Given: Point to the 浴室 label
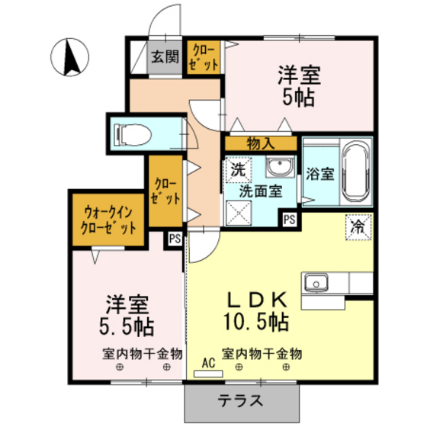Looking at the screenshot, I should (319, 173).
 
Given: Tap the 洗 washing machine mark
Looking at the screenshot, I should (237, 169).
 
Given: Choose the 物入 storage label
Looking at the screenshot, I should (260, 143).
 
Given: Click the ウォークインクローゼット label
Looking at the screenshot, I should (108, 220).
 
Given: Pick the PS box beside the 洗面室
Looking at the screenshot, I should (289, 220).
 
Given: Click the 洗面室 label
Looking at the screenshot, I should (257, 190).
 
